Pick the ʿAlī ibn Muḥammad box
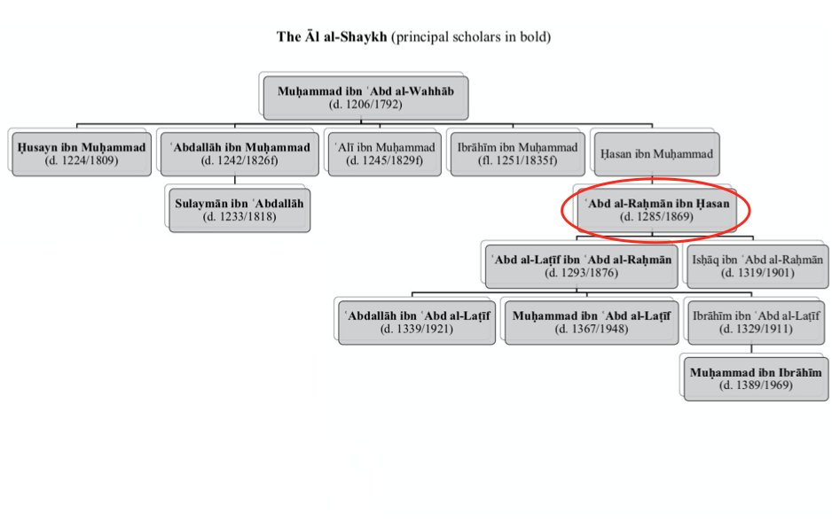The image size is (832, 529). point(384,153)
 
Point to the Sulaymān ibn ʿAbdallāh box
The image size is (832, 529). point(239,209)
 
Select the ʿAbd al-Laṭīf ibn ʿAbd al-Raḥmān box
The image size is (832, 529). point(581,266)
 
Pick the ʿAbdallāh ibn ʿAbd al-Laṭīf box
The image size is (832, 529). point(415,322)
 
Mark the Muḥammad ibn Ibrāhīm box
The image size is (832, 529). point(756,377)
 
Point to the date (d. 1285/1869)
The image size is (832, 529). point(656,217)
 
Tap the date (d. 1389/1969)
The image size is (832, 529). point(756,385)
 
